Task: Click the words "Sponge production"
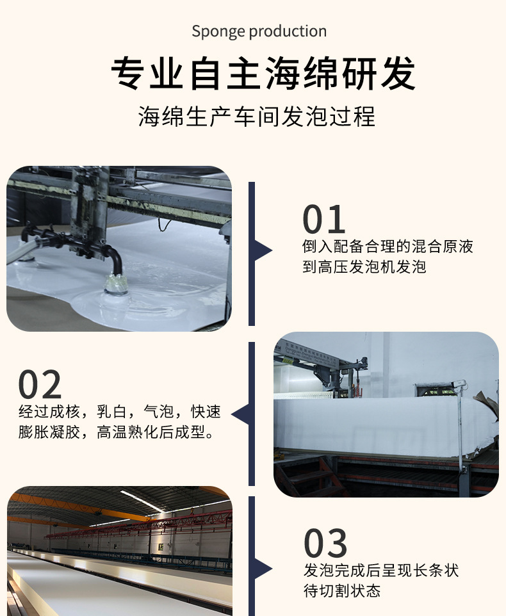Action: pyautogui.click(x=259, y=31)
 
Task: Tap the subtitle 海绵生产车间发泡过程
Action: pyautogui.click(x=257, y=117)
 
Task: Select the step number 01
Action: pyautogui.click(x=323, y=219)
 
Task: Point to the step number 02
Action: pyautogui.click(x=40, y=384)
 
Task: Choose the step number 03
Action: pyautogui.click(x=325, y=543)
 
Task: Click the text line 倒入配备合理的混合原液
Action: pyautogui.click(x=388, y=247)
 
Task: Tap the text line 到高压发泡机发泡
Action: pyautogui.click(x=364, y=267)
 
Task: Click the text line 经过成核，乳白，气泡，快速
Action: pyautogui.click(x=119, y=412)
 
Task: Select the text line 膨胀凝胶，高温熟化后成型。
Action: pyautogui.click(x=117, y=432)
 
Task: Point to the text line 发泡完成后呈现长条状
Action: pyautogui.click(x=381, y=571)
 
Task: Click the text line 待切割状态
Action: pyautogui.click(x=342, y=591)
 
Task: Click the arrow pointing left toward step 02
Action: pyautogui.click(x=240, y=414)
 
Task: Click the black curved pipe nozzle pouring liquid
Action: pyautogui.click(x=115, y=259)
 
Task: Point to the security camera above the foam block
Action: pyautogui.click(x=458, y=384)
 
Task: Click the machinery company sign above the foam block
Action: pyautogui.click(x=311, y=353)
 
